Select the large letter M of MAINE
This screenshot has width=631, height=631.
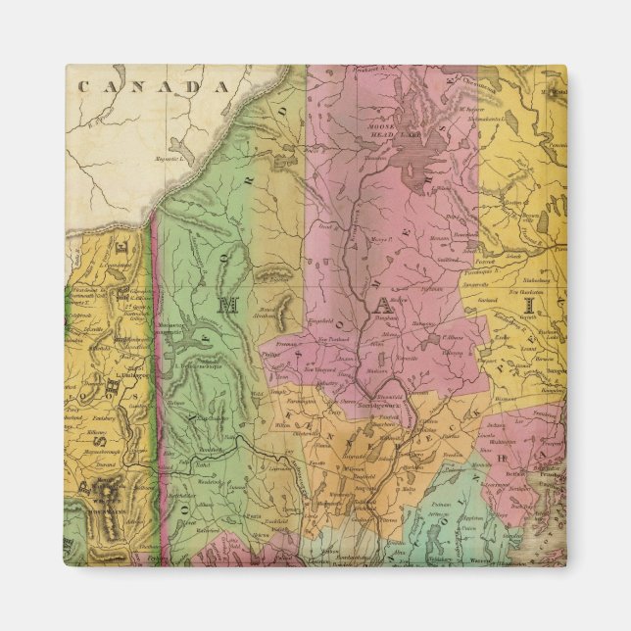pyautogui.click(x=228, y=305)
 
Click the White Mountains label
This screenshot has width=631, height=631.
pyautogui.click(x=98, y=490)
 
